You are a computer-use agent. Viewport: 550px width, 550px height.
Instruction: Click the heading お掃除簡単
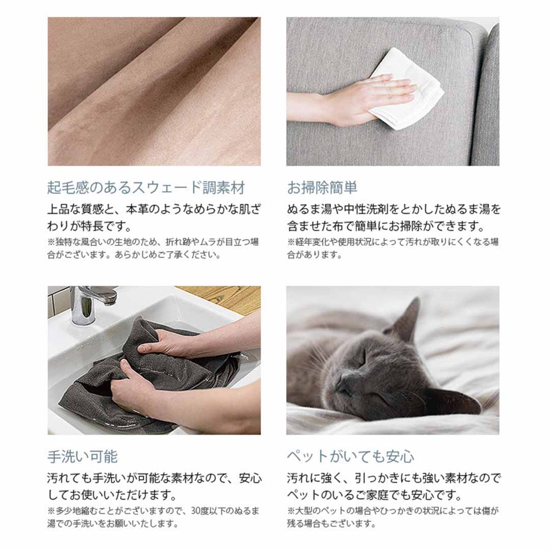coord(322,187)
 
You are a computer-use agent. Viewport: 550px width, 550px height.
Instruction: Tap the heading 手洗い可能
coord(82,456)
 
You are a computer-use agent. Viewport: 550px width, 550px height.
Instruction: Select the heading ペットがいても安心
coord(350,456)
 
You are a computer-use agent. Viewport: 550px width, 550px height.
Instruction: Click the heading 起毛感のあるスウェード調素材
coord(146,187)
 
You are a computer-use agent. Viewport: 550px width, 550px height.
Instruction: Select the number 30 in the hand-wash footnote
coord(196,511)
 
